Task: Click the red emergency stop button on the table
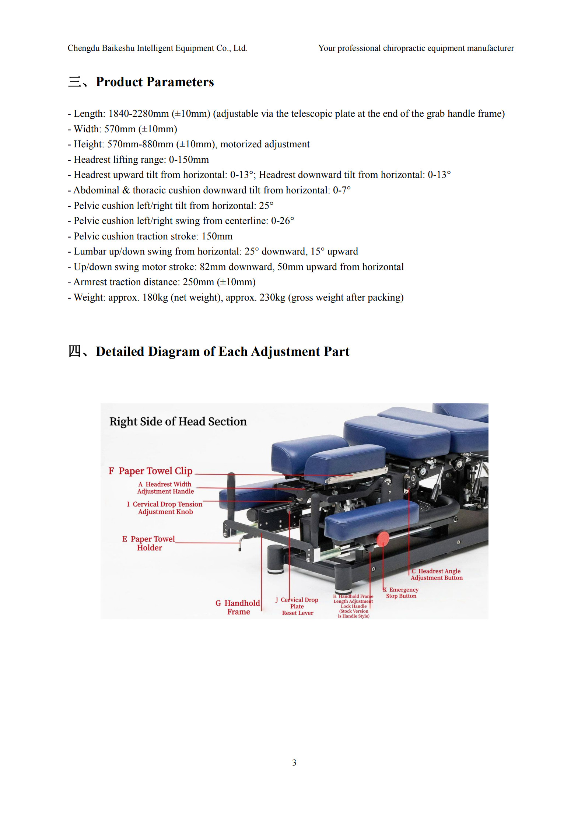[383, 538]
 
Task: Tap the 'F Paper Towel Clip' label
[151, 471]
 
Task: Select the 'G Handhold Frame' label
[238, 607]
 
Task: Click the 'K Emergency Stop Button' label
[401, 593]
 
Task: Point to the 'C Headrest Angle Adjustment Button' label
[437, 574]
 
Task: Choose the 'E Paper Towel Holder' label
[149, 543]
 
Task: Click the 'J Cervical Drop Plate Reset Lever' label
[297, 606]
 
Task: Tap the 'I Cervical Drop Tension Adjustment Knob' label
[165, 508]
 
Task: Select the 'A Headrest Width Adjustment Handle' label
[165, 487]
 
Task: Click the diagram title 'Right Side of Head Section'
[178, 421]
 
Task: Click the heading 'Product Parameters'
[155, 82]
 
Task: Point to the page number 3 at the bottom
[294, 763]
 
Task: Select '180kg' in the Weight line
[155, 298]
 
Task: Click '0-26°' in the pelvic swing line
[283, 221]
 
